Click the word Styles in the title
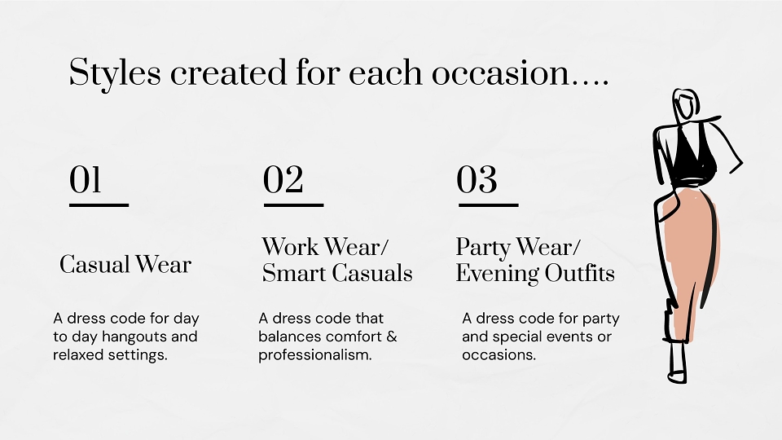click(115, 73)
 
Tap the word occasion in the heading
click(500, 73)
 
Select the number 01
click(86, 179)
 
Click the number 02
click(283, 179)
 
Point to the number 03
click(477, 179)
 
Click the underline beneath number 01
click(99, 205)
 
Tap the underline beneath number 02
click(294, 205)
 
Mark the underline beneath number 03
click(488, 205)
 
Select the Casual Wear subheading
click(125, 264)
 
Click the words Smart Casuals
click(337, 273)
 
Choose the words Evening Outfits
click(535, 274)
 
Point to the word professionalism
click(314, 355)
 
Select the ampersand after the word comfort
click(392, 337)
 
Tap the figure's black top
click(692, 157)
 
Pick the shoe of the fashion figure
click(677, 377)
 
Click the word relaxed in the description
click(75, 355)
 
